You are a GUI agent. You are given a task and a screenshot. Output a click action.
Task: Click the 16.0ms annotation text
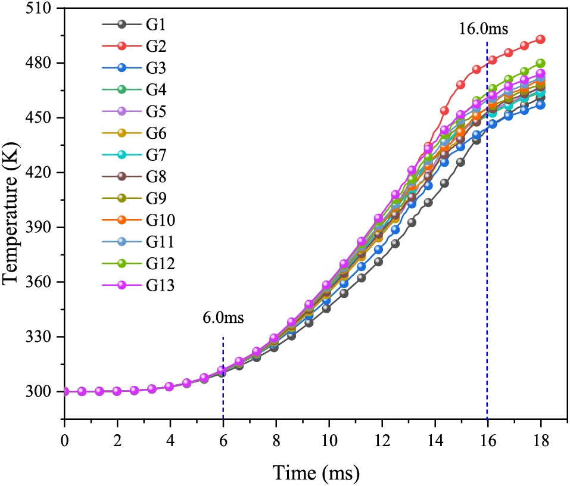[483, 29]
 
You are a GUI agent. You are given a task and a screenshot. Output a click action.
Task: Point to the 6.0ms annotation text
[223, 317]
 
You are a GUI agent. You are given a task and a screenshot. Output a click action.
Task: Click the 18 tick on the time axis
[540, 442]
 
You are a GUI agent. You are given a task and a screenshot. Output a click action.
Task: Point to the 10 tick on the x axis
[329, 442]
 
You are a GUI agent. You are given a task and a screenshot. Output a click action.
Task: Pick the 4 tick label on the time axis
[170, 442]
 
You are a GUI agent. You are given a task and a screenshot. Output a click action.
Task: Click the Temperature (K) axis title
[12, 200]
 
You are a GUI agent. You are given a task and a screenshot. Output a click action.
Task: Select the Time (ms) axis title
[316, 473]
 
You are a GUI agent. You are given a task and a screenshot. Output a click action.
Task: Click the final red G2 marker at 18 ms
[541, 39]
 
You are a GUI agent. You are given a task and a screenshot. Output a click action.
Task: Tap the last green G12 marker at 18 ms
[541, 63]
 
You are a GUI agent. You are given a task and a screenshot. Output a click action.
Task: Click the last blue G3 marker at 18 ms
[541, 105]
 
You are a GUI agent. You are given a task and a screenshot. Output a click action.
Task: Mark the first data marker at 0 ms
[65, 392]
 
